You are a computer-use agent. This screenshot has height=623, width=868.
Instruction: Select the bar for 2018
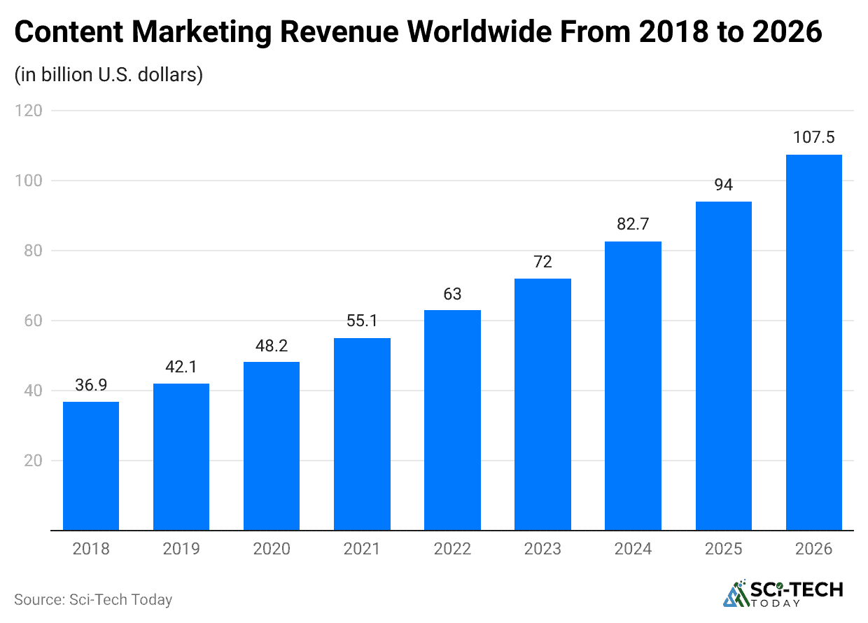[x=91, y=465]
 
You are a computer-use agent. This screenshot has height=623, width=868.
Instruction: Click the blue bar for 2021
[x=362, y=434]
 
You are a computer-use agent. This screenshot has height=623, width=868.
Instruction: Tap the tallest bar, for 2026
[x=813, y=343]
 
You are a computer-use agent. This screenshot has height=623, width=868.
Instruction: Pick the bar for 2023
[x=542, y=405]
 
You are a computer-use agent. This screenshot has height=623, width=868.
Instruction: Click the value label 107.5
[x=813, y=137]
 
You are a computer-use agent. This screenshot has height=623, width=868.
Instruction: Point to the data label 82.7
[x=633, y=225]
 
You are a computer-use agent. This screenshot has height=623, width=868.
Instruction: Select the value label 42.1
[x=181, y=366]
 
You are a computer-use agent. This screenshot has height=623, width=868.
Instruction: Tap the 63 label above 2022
[x=452, y=293]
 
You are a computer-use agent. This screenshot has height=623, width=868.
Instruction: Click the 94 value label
[x=723, y=185]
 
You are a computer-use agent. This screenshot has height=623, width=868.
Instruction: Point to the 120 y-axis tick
[x=29, y=111]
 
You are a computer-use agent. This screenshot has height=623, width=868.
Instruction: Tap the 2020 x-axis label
[x=272, y=549]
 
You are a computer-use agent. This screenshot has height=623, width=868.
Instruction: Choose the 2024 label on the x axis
[x=633, y=549]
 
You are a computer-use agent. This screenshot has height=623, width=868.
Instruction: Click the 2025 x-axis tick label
[x=723, y=549]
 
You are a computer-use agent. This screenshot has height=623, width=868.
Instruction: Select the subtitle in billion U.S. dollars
[x=108, y=74]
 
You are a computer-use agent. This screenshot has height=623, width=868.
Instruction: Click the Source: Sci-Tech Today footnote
[x=93, y=600]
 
